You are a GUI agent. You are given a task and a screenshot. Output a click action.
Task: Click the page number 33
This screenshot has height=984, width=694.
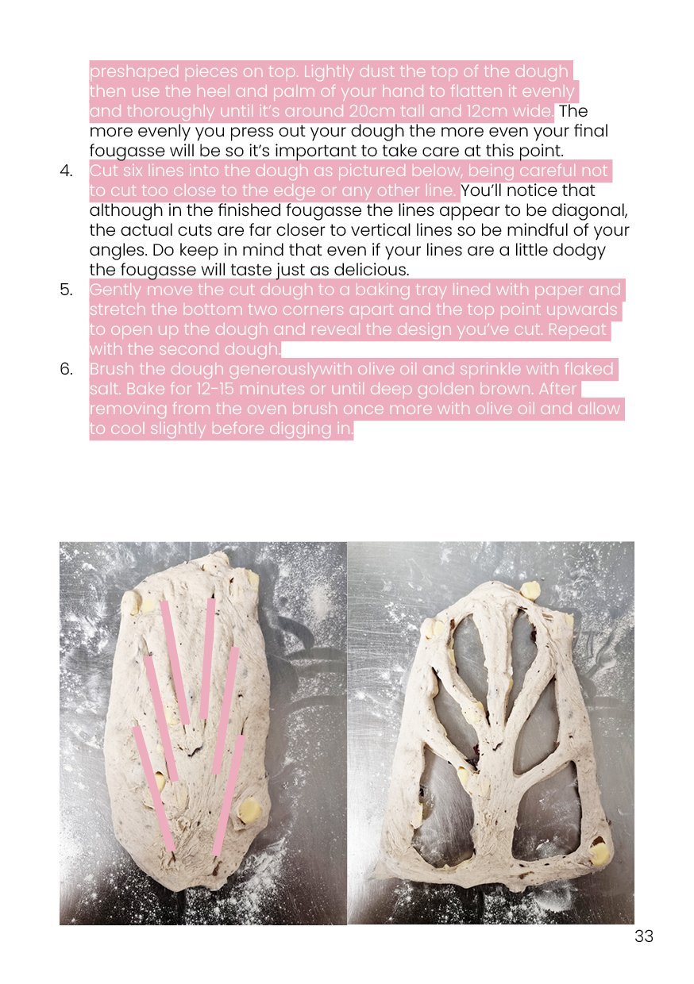point(643,936)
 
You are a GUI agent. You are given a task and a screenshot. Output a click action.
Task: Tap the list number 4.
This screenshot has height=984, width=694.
point(66,171)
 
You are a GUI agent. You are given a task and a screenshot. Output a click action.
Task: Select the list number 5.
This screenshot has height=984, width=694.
point(66,290)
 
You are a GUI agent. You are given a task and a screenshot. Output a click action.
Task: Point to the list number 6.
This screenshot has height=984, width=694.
point(66,369)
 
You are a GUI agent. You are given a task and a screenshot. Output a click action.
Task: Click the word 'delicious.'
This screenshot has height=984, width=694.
point(372,270)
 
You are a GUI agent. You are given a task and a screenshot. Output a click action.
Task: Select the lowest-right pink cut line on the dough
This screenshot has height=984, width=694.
point(228,796)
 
